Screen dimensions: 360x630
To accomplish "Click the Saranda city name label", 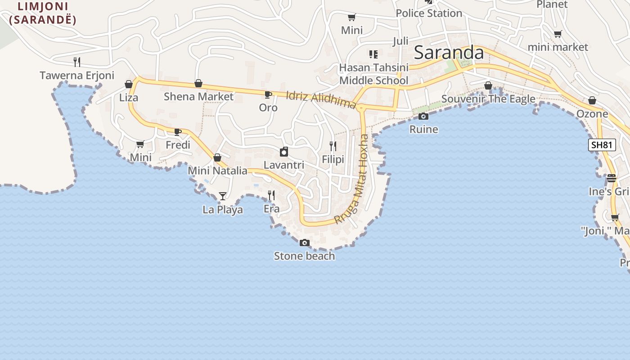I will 449,53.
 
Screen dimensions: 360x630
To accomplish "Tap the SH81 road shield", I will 602,144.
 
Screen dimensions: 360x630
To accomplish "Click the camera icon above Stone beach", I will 305,243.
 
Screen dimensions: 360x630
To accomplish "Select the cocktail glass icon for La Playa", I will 222,196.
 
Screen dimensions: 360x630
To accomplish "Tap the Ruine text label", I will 423,130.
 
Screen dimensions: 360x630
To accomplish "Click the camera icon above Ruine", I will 423,116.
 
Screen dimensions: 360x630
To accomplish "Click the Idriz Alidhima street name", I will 321,100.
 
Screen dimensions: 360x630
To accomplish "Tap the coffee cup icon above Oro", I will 268,94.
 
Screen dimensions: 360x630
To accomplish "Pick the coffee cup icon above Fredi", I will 178,132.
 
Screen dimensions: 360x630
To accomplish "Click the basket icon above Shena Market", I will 198,83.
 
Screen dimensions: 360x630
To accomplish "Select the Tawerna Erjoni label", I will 77,75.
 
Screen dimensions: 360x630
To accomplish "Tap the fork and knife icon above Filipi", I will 333,146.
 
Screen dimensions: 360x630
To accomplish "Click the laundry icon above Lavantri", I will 284,152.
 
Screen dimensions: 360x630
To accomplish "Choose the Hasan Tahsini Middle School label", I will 373,74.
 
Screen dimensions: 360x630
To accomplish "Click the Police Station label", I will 429,13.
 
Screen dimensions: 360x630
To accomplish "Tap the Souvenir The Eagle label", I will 488,99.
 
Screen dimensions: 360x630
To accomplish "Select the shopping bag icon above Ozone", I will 592,100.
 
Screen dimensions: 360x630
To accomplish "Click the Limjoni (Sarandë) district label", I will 43,13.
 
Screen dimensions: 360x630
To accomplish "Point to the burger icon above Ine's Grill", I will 611,178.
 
